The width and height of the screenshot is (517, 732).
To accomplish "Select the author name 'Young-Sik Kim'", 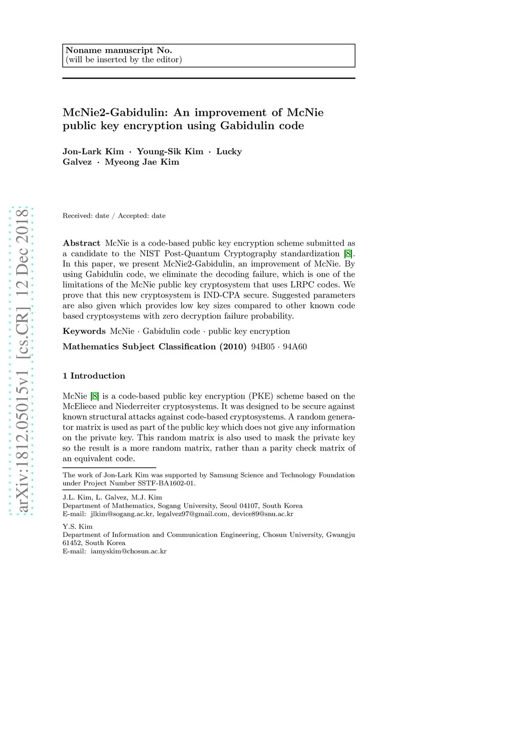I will click(170, 152).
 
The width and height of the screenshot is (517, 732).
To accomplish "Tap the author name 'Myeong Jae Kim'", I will click(142, 162).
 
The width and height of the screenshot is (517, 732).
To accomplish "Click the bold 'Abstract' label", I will click(81, 243).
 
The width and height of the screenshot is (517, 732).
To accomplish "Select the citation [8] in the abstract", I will click(348, 254).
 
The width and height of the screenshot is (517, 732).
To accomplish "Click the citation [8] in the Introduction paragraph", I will click(94, 396).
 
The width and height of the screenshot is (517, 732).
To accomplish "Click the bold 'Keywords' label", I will click(84, 331).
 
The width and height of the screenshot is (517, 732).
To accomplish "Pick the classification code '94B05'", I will click(263, 347).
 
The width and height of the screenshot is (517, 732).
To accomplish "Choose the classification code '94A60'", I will click(295, 347).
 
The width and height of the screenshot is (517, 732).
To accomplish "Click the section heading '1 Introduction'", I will click(94, 376).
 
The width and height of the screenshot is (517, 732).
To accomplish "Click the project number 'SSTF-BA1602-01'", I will click(166, 483).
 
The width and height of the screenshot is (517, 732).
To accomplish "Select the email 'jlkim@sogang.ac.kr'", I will click(122, 514).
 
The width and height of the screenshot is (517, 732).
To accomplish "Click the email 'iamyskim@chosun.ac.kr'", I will click(129, 552).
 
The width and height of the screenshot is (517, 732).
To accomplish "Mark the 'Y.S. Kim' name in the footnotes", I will click(78, 526).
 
